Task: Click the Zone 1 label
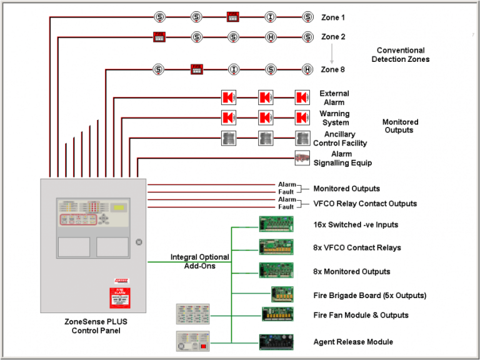click(x=333, y=17)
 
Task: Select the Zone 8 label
click(x=333, y=69)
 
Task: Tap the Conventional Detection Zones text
click(x=400, y=55)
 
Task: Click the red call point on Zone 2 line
click(x=159, y=37)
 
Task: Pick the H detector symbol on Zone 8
click(x=307, y=69)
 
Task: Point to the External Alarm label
click(x=334, y=98)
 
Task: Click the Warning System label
click(x=334, y=118)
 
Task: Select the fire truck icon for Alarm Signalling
click(x=302, y=157)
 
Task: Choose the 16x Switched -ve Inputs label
click(x=356, y=224)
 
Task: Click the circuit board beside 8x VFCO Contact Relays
click(x=276, y=247)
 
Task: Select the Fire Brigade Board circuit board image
click(x=282, y=294)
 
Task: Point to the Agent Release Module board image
click(x=276, y=342)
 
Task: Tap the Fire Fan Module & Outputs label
click(x=361, y=315)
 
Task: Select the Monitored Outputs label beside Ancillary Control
click(x=400, y=126)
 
